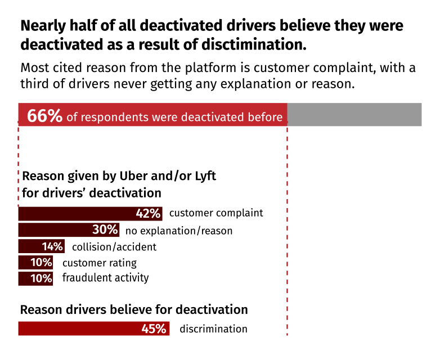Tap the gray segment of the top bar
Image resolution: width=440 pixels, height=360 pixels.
pos(354,115)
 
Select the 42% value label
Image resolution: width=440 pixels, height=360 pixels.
pos(149,214)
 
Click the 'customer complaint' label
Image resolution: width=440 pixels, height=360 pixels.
pos(216,213)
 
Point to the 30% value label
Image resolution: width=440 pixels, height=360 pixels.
pos(105,230)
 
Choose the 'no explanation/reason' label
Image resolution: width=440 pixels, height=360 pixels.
pos(178,231)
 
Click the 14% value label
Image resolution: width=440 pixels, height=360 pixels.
pos(52,246)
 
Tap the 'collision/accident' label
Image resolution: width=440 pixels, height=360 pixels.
pos(114,247)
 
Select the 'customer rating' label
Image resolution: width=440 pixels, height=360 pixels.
pos(99,263)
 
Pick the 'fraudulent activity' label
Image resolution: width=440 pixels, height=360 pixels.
pos(105,278)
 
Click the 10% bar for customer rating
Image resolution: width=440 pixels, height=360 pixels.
pos(35,263)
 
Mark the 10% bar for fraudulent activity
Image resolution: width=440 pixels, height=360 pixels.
pos(35,278)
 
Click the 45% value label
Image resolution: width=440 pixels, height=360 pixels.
pos(154,329)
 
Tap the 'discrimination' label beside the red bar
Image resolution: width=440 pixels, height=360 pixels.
pos(213,329)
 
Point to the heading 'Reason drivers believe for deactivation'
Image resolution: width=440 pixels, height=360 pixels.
pos(134,310)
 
